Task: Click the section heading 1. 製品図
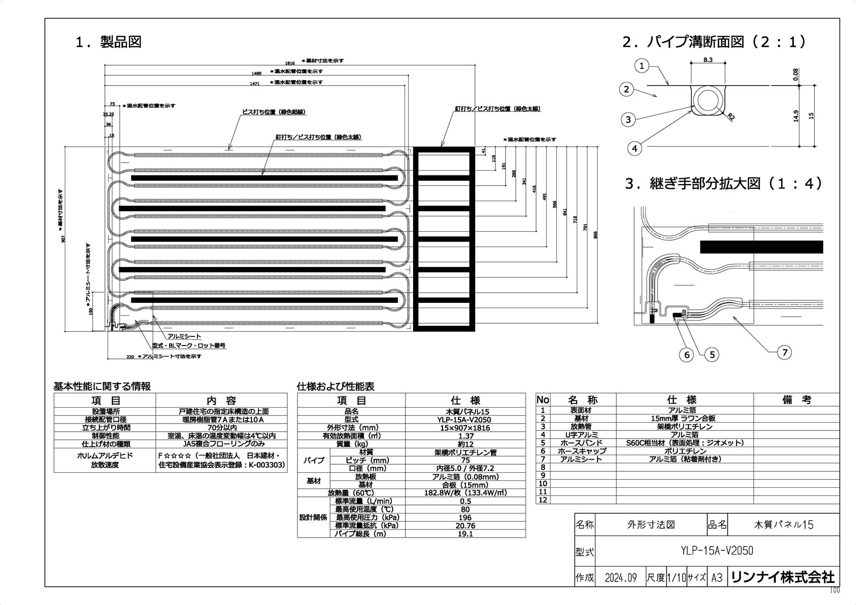coord(109,42)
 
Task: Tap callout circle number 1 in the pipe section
coord(642,66)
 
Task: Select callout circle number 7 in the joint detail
coord(784,352)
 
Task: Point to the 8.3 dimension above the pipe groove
coord(707,60)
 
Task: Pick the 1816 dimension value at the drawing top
coord(289,63)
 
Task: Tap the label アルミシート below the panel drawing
coord(184,336)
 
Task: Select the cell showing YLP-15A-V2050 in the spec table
coord(465,420)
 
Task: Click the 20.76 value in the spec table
coord(465,526)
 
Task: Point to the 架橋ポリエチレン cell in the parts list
coord(684,426)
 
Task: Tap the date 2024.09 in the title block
coord(621,578)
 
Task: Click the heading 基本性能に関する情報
coord(102,386)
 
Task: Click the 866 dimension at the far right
coord(596,234)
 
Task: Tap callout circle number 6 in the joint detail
coord(687,354)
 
